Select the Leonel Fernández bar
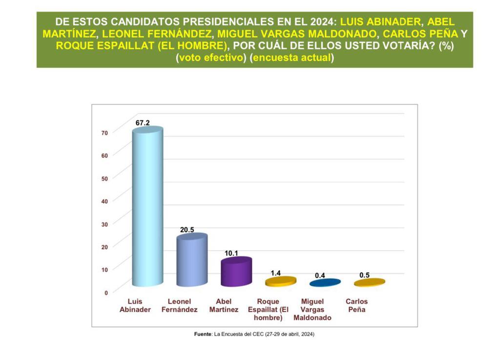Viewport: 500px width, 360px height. [191, 260]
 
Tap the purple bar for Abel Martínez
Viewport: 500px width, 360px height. [236, 272]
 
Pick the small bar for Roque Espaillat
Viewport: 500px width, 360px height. [280, 281]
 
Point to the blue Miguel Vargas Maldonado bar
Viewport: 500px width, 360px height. [325, 283]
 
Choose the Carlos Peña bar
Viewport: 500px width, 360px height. [369, 282]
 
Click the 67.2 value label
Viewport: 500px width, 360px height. [143, 123]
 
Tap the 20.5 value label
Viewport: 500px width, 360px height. [187, 230]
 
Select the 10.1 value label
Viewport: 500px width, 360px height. [231, 253]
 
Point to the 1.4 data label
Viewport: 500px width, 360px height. [276, 273]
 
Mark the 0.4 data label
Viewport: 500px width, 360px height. [320, 275]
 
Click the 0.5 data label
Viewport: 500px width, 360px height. [364, 275]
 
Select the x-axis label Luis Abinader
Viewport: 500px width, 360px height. [136, 306]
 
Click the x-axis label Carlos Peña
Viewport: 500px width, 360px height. [356, 306]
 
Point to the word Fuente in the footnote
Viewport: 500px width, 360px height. [203, 335]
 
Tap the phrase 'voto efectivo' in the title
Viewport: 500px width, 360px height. [210, 58]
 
